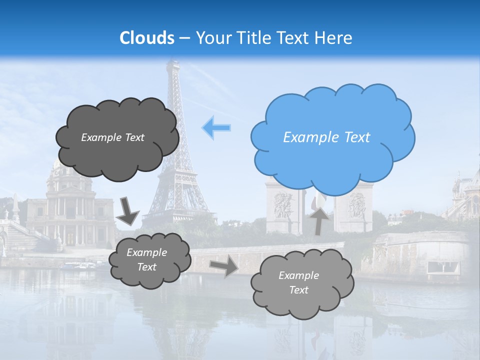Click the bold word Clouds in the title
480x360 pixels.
click(x=147, y=38)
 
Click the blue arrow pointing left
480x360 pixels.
click(x=216, y=128)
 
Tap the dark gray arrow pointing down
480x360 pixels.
click(x=128, y=210)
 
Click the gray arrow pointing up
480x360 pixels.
click(x=319, y=219)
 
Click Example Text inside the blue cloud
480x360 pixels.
click(x=326, y=137)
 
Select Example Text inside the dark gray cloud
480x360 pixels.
click(x=112, y=137)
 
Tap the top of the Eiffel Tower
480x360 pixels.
click(x=172, y=63)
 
